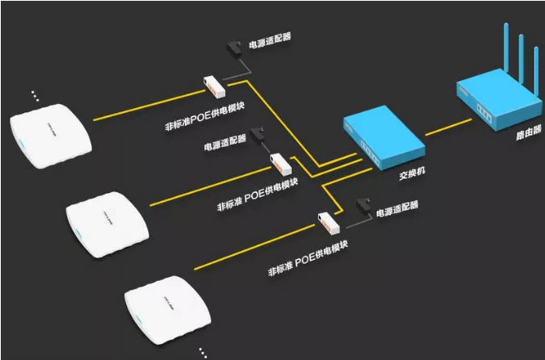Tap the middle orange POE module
point(279,164)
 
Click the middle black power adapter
point(260,136)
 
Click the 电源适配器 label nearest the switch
point(397,207)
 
